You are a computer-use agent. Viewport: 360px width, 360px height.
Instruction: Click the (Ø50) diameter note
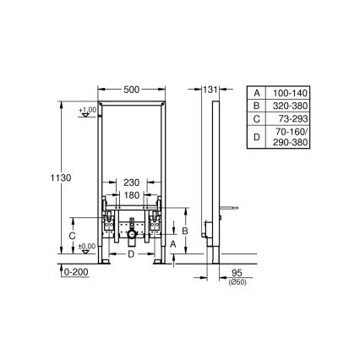(237, 283)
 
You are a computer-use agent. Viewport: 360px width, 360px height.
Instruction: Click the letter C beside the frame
(73, 236)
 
